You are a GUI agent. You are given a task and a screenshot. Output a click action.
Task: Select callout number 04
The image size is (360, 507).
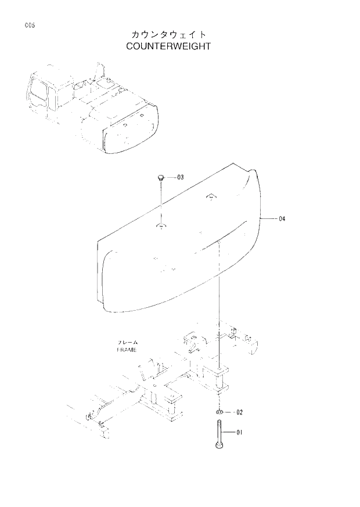tap(282, 219)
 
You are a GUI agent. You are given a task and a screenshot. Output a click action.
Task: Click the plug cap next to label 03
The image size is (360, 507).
tap(161, 176)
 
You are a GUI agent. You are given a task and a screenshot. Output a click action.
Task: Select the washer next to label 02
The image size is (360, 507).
tap(219, 412)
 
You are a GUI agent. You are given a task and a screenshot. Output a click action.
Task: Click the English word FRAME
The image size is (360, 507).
tap(125, 351)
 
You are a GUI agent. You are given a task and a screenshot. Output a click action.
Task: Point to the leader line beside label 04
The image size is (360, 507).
tap(270, 219)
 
